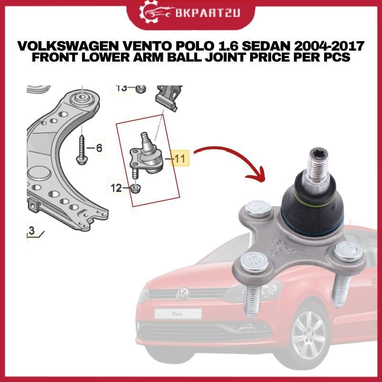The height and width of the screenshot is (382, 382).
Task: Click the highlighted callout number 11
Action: [180, 159]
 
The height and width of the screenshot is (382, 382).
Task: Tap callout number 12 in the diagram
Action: [116, 188]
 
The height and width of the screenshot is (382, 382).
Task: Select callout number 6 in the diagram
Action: [99, 148]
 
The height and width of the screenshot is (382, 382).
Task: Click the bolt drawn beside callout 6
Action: [81, 149]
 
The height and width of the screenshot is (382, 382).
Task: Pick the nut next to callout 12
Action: [135, 188]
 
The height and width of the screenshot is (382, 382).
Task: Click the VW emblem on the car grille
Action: [182, 294]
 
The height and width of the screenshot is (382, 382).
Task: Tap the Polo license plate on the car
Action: [178, 314]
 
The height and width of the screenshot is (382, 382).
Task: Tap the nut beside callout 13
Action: [140, 89]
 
